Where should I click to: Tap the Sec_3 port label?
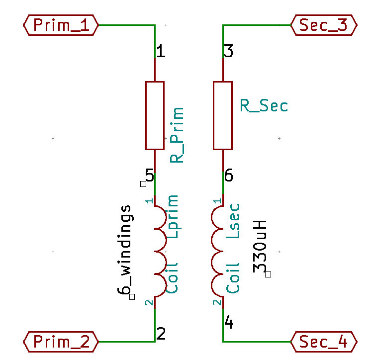pyautogui.click(x=324, y=25)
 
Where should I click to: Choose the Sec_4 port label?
pyautogui.click(x=324, y=342)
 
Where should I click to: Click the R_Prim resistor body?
pyautogui.click(x=155, y=115)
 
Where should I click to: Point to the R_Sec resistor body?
pyautogui.click(x=222, y=115)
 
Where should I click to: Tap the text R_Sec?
pyautogui.click(x=264, y=105)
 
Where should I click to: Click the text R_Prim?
pyautogui.click(x=177, y=135)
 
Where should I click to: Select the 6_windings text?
pyautogui.click(x=125, y=249)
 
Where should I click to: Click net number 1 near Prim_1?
pyautogui.click(x=161, y=51)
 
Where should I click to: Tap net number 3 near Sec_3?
pyautogui.click(x=229, y=51)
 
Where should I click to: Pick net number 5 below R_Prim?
pyautogui.click(x=149, y=175)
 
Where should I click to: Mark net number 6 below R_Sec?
pyautogui.click(x=229, y=175)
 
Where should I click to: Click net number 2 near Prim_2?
pyautogui.click(x=161, y=333)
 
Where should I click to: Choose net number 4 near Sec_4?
pyautogui.click(x=229, y=323)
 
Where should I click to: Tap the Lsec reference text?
pyautogui.click(x=233, y=221)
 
